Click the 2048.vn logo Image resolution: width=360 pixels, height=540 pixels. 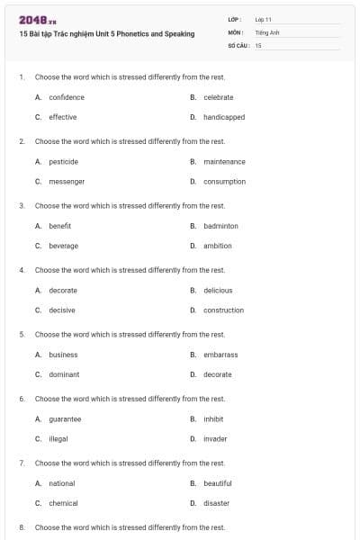(x=37, y=20)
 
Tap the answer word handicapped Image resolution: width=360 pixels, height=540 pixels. (x=224, y=117)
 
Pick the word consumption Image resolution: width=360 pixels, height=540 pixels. (x=224, y=182)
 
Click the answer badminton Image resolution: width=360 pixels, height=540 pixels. (x=220, y=226)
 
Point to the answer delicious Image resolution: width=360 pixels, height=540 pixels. (x=218, y=291)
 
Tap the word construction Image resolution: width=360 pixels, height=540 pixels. (x=223, y=310)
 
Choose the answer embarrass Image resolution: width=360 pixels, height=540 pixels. (x=220, y=355)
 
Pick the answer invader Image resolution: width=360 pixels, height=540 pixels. (x=215, y=439)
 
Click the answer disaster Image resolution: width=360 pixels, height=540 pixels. (x=216, y=503)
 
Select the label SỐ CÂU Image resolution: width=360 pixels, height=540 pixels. (x=238, y=44)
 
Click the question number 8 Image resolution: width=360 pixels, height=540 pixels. (x=22, y=527)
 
